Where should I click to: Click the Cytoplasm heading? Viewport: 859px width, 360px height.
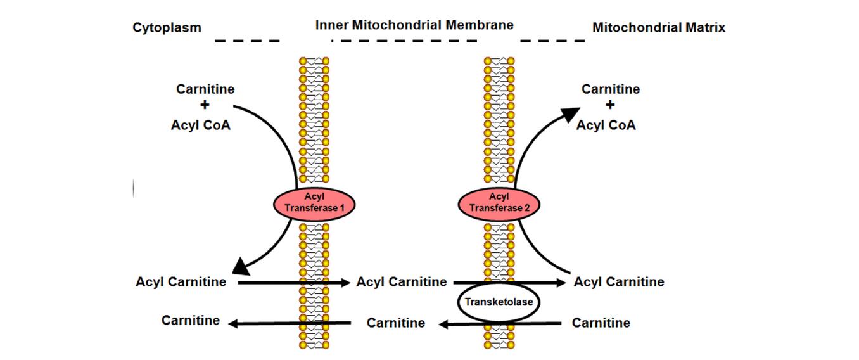click(167, 27)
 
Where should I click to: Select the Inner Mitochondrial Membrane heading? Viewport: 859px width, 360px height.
click(414, 25)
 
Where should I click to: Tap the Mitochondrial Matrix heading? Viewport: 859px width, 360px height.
click(658, 27)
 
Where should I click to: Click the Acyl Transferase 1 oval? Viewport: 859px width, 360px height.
click(314, 203)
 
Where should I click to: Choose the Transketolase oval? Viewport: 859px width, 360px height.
click(499, 302)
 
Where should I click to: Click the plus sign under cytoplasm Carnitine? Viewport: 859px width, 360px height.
click(205, 106)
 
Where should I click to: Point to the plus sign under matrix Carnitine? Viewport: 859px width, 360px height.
click(610, 106)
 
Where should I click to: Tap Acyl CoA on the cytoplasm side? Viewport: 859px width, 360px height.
click(201, 125)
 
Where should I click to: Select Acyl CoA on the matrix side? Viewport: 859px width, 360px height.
click(606, 125)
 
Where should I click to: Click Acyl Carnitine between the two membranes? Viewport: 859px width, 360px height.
click(402, 281)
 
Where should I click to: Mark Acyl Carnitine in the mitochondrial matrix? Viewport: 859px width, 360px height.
click(619, 281)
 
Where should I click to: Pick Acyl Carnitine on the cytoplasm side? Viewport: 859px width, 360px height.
click(181, 281)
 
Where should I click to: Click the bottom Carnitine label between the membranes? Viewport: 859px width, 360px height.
click(396, 323)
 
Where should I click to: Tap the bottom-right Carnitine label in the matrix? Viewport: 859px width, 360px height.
click(601, 323)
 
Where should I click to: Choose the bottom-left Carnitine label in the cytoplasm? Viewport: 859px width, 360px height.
click(191, 320)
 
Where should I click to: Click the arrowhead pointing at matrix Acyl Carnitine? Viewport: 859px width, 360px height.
click(562, 283)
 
